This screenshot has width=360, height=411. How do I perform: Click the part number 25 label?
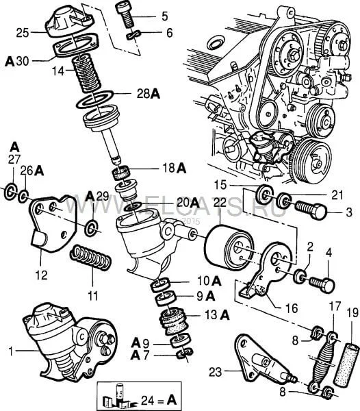point(23,34)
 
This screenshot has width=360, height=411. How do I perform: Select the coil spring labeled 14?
point(87,74)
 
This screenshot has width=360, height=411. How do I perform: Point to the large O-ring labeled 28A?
point(94,99)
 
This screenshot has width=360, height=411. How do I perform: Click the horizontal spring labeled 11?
point(90,258)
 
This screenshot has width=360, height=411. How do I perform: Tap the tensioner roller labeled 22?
point(229,247)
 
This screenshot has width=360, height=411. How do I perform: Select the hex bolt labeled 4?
point(322,285)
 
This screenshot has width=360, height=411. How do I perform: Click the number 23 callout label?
point(215,372)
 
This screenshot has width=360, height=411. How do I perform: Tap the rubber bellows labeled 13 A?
point(173,322)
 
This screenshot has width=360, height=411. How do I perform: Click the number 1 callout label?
point(10,351)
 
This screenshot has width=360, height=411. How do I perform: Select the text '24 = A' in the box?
point(159,400)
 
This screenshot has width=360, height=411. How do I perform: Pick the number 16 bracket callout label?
point(292,308)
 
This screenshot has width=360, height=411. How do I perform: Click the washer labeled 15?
point(264,195)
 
